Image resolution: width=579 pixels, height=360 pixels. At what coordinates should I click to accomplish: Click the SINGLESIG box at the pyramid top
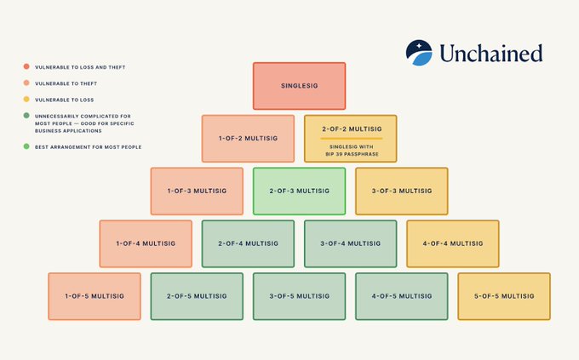(299, 86)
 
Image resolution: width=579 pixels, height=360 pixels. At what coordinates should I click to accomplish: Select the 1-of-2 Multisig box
(248, 138)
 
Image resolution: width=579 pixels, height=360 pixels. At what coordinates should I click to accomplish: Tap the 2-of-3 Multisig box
(299, 191)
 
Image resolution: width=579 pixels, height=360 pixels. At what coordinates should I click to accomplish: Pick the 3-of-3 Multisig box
(401, 191)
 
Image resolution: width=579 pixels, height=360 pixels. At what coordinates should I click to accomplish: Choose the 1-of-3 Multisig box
(197, 191)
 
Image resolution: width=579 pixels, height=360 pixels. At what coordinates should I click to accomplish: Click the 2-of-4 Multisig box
(248, 243)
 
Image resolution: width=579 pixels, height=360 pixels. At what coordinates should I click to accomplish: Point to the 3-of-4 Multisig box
(350, 243)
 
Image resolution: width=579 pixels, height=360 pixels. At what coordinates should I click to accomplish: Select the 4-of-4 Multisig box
(452, 243)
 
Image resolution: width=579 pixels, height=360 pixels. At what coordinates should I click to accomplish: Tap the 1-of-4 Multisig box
(146, 243)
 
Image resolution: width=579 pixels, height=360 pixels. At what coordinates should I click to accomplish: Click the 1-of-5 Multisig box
(95, 296)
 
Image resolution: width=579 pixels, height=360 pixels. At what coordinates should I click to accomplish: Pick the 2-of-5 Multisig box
(197, 296)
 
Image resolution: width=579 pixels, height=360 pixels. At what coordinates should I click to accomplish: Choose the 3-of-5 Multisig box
(299, 296)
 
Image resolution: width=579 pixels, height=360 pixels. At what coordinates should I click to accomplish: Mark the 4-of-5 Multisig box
(401, 296)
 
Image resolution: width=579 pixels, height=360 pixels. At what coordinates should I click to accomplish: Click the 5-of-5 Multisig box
(504, 296)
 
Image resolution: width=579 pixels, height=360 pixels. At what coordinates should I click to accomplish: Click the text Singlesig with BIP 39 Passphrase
(350, 150)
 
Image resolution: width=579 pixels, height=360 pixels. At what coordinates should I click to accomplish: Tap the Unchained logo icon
(418, 53)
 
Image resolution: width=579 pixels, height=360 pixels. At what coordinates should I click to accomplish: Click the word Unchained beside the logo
(490, 54)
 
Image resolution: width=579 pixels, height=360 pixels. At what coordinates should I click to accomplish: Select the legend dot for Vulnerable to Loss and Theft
(26, 66)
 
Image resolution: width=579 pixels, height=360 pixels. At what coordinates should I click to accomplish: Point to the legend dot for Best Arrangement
(26, 147)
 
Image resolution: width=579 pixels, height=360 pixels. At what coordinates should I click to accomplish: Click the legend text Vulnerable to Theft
(59, 83)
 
